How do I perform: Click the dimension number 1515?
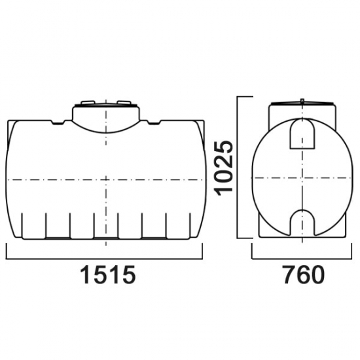108,275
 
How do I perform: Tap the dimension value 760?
304,275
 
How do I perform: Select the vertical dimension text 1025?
223,168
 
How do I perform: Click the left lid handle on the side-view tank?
88,102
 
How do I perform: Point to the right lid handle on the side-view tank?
124,102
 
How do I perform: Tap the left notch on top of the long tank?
58,122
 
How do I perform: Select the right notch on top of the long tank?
154,122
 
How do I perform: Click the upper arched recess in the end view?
302,134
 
